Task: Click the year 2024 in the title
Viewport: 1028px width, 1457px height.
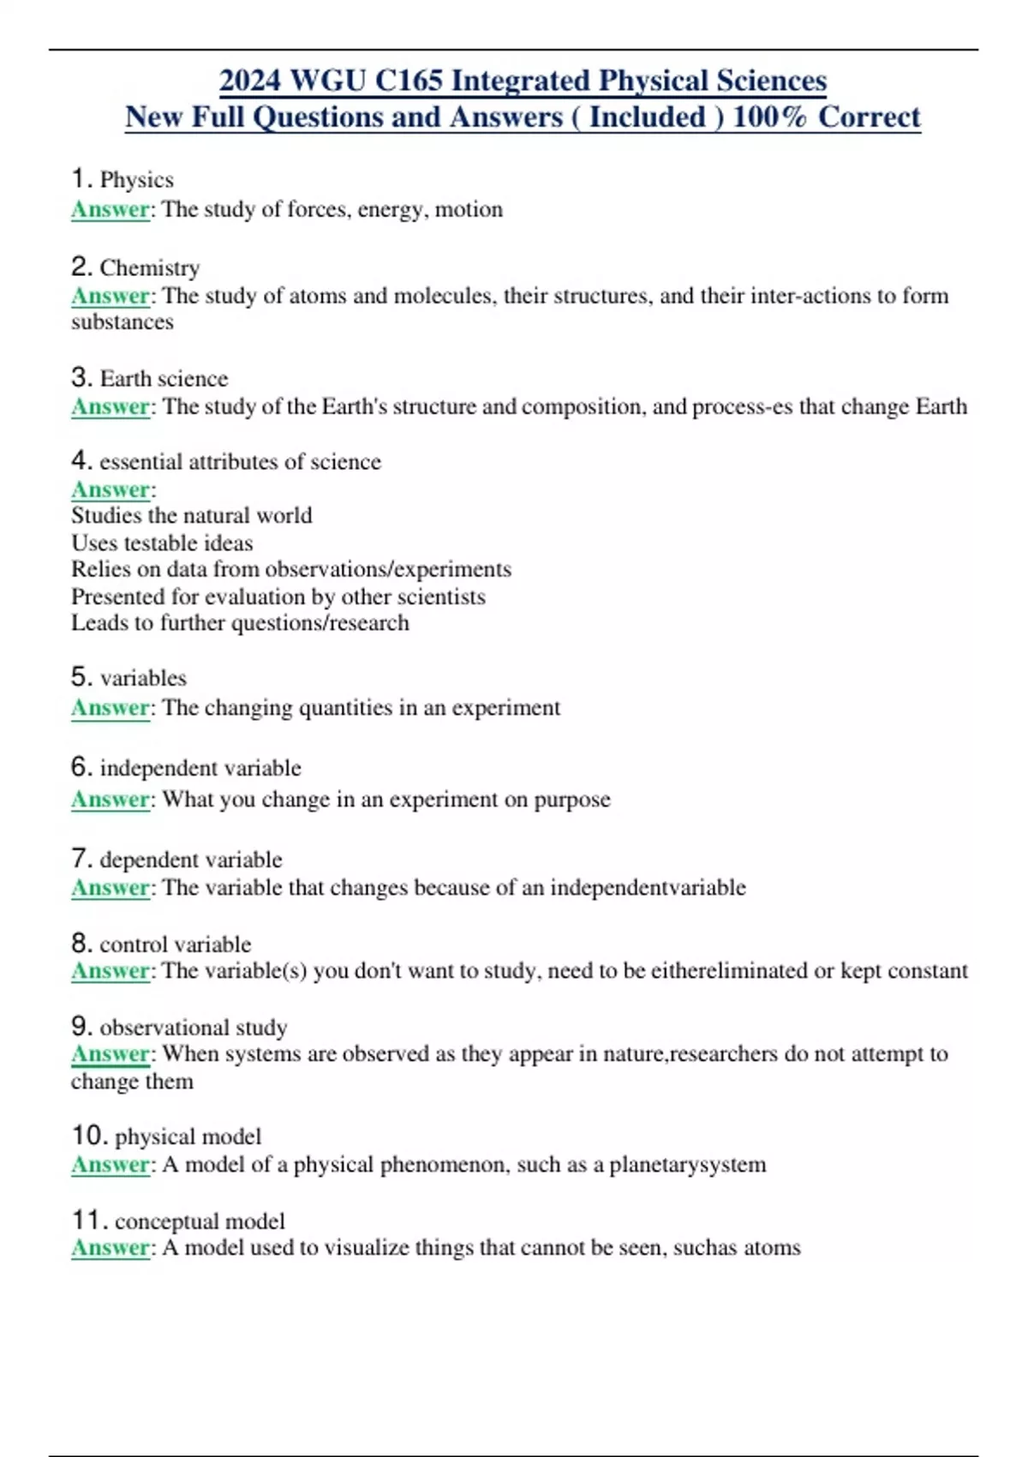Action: tap(250, 81)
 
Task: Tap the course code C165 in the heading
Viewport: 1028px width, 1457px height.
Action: tap(409, 81)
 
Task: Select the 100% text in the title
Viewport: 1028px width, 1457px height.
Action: tap(769, 117)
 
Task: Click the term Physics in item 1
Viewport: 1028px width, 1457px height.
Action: tap(137, 180)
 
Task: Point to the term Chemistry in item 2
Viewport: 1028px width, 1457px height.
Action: tap(150, 268)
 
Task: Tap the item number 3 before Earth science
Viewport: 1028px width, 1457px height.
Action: tap(81, 377)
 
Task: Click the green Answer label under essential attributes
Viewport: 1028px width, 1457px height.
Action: tap(111, 489)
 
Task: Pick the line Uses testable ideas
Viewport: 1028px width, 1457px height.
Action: tap(162, 543)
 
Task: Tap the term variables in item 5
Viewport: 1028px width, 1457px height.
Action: tap(143, 678)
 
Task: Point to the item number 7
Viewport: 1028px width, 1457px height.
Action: tap(81, 858)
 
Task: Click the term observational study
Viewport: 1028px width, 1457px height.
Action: tap(194, 1027)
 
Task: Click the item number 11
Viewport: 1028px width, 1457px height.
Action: tap(89, 1220)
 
